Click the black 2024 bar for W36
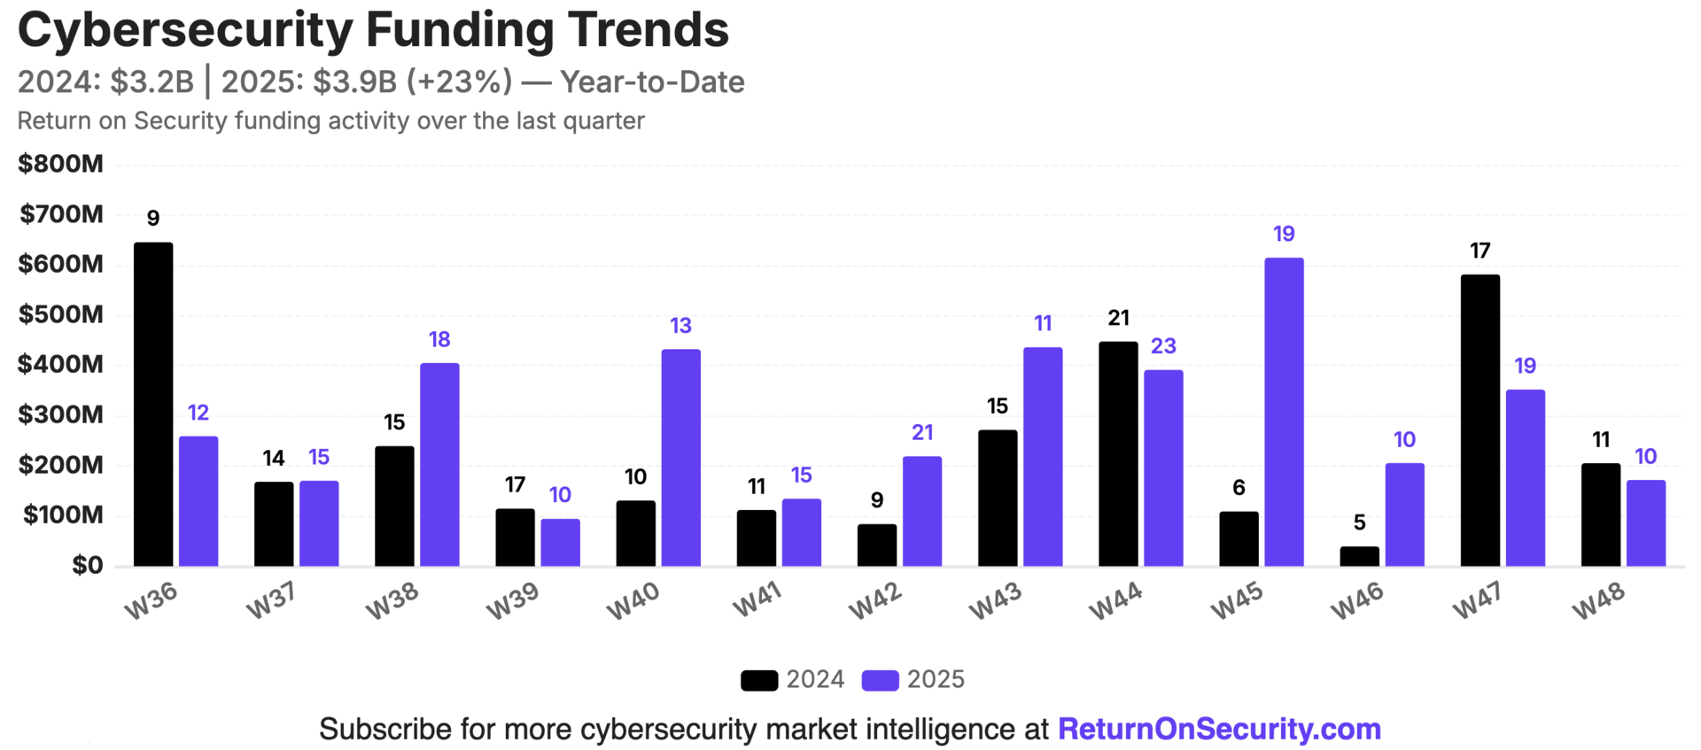(x=153, y=404)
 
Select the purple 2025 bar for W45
(x=1284, y=412)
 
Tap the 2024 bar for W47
(x=1480, y=420)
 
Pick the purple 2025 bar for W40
(x=680, y=457)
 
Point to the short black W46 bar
(x=1359, y=556)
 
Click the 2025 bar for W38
(x=439, y=464)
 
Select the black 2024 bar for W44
(x=1118, y=453)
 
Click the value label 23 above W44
(x=1163, y=346)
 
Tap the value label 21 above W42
(x=922, y=433)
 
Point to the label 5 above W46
(x=1359, y=522)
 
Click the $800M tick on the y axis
(x=60, y=164)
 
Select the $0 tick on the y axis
(x=87, y=565)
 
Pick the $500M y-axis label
(x=60, y=314)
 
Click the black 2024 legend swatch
(x=759, y=680)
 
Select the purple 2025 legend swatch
(x=880, y=680)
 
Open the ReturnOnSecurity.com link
(x=1219, y=729)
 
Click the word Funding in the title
(x=460, y=29)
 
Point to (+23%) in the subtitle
(x=459, y=81)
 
